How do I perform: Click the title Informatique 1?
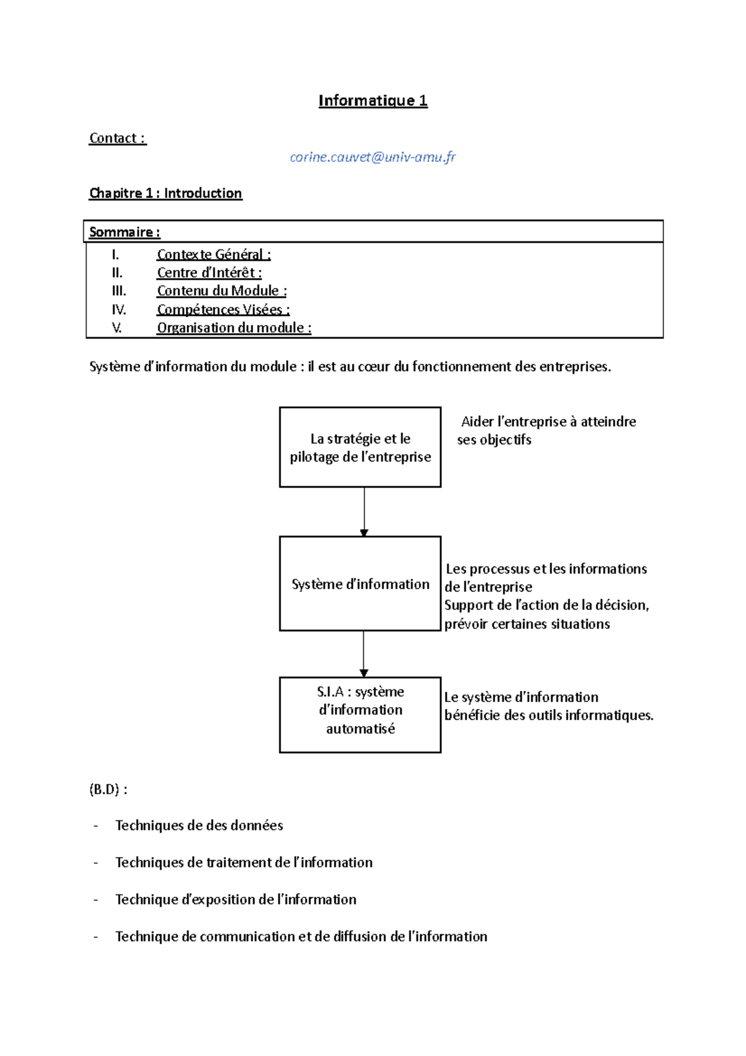pos(372,101)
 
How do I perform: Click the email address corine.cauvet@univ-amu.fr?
pos(372,157)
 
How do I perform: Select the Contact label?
pos(117,138)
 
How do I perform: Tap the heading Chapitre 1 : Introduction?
pos(165,193)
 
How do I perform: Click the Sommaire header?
pos(124,232)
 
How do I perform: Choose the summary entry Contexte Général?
pos(213,254)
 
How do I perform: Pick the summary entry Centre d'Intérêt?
pos(209,272)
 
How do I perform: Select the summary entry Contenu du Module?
pos(221,290)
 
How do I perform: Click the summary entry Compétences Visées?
pos(223,309)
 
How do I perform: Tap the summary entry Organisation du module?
pos(234,328)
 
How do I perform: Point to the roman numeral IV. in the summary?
pos(119,309)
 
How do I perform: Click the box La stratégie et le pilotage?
pos(360,447)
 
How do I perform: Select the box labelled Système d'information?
pos(360,584)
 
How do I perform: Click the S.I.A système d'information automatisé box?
pos(360,715)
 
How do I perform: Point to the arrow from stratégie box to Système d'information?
pos(364,511)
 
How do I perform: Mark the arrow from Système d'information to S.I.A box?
pos(364,654)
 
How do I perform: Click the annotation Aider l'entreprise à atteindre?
pos(548,422)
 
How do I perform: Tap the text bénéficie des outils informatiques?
pos(548,715)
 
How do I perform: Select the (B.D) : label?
pos(108,789)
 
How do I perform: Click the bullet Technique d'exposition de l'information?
pos(236,899)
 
